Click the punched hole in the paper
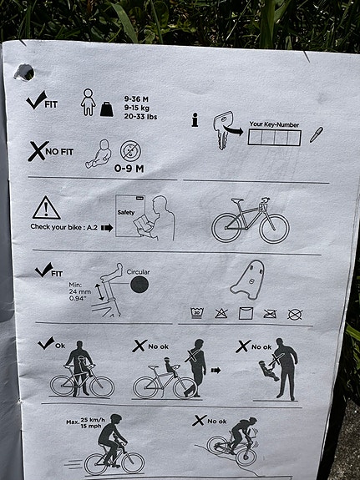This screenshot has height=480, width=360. coord(24,73)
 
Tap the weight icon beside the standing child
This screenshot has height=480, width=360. coord(107,109)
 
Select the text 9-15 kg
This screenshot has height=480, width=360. coord(137,108)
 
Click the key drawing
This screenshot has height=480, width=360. coord(223,129)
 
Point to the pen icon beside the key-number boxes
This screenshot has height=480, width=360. coord(317,134)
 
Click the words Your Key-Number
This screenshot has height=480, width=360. coord(274,124)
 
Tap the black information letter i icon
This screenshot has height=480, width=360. coord(195,119)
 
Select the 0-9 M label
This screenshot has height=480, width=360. coord(129,168)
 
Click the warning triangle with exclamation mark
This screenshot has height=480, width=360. coord(46,208)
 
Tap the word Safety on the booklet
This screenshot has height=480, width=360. coord(126,212)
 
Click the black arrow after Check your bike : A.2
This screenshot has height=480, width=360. coord(107,228)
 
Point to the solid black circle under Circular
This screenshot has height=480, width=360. coord(139,285)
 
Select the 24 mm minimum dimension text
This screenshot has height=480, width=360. coord(79,291)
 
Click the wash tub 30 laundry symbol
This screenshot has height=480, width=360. coord(196,314)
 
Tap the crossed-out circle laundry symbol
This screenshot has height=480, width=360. coord(295,315)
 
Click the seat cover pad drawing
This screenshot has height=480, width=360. coord(247,279)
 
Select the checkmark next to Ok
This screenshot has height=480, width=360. coord(46,343)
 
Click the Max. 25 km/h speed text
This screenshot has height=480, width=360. coord(85,422)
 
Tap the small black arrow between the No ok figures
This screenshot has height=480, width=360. coord(215,371)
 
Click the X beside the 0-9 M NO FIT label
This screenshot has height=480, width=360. coord(38,151)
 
